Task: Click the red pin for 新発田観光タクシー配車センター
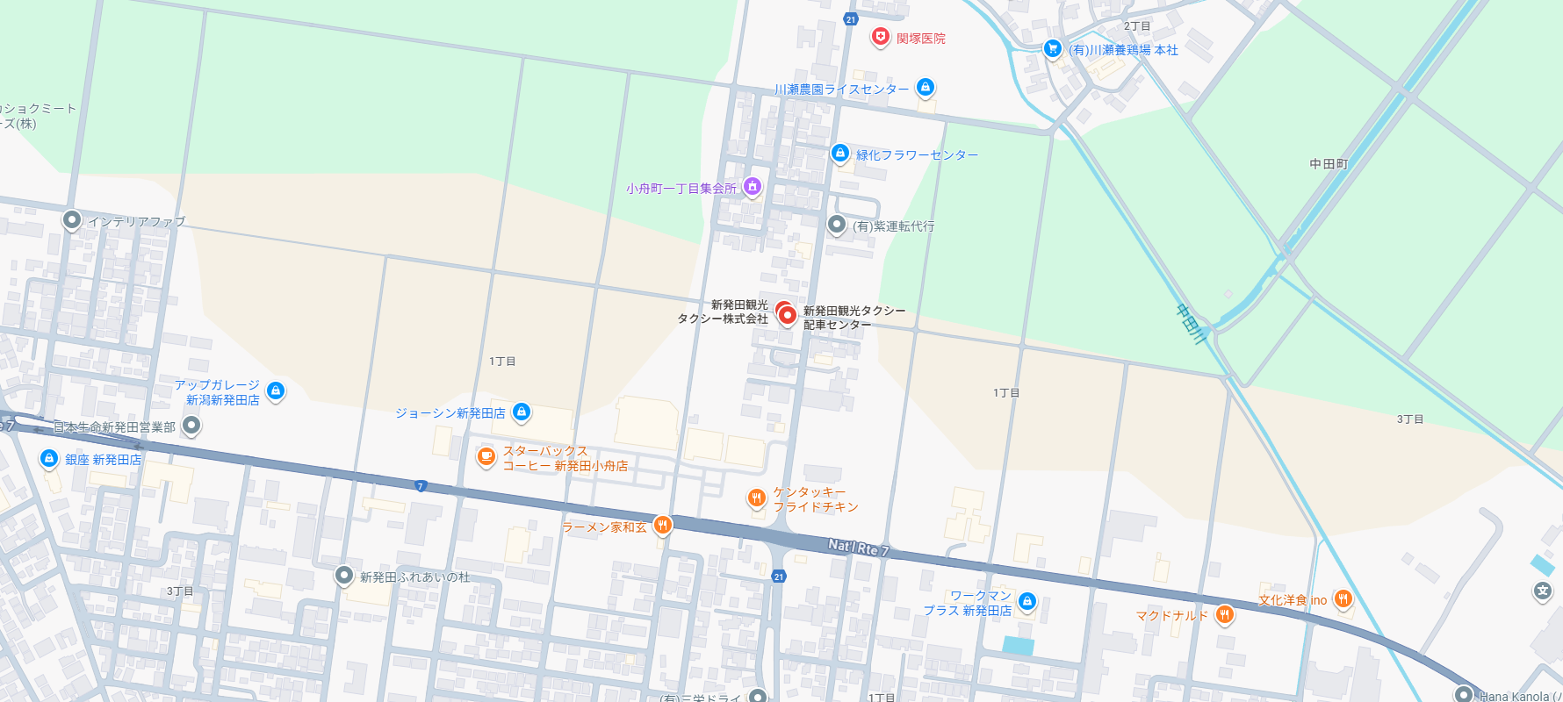point(788,315)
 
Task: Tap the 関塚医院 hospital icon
point(880,37)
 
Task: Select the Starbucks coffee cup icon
point(486,456)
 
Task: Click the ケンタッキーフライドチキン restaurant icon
point(756,498)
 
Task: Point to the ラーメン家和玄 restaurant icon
point(663,525)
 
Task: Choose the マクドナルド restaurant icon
point(1224,614)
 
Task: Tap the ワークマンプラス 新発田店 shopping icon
point(1027,601)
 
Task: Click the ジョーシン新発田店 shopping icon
point(522,411)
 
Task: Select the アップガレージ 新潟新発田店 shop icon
point(276,390)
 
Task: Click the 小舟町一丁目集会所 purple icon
point(753,186)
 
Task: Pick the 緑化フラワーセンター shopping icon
point(840,154)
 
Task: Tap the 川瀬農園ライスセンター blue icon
point(925,87)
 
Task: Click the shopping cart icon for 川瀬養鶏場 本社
point(1053,48)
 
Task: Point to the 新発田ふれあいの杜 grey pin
point(344,576)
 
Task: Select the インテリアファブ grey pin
point(72,220)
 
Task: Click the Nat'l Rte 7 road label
point(858,548)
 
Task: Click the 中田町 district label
point(1328,164)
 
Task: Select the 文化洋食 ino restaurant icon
point(1343,598)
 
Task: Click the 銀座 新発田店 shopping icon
point(49,458)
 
